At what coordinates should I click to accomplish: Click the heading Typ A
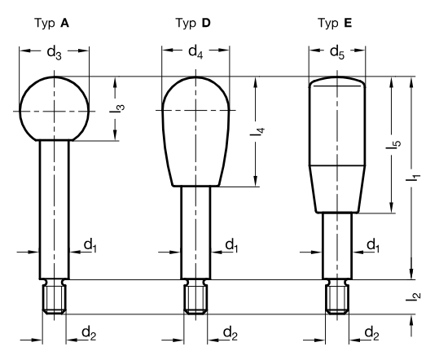click(51, 24)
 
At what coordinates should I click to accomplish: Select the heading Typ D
click(193, 24)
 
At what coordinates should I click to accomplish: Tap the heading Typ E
click(335, 24)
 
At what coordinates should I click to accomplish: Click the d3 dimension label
click(54, 53)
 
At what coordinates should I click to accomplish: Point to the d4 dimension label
click(195, 52)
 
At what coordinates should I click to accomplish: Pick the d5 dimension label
click(337, 52)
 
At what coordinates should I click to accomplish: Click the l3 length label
click(117, 108)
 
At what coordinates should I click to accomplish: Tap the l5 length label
click(393, 144)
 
